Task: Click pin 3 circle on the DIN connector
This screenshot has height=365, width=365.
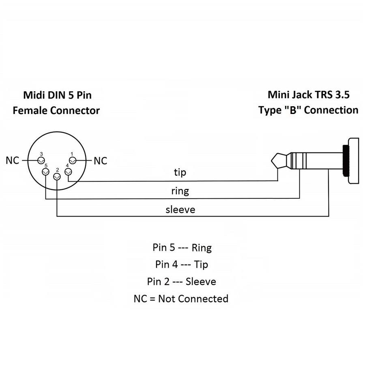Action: (41, 161)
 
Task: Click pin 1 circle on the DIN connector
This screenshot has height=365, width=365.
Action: (73, 161)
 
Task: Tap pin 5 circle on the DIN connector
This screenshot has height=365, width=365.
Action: (46, 173)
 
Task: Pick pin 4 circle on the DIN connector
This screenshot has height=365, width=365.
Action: (68, 173)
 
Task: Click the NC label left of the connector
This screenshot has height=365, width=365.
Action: (13, 161)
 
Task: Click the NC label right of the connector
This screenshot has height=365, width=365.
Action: (100, 161)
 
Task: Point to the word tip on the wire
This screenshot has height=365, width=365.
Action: (180, 172)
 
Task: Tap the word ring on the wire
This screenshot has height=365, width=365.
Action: (180, 190)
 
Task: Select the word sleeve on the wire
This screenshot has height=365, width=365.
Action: (180, 209)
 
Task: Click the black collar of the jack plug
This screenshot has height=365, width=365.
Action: (346, 161)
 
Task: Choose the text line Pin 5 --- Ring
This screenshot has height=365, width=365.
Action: (182, 247)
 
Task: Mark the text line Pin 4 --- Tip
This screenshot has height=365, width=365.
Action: (182, 264)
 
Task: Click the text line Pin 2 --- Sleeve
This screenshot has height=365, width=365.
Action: (182, 281)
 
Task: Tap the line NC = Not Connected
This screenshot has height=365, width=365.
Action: (181, 299)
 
